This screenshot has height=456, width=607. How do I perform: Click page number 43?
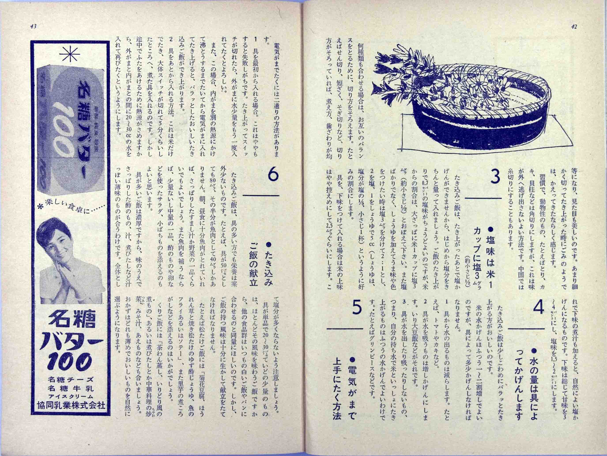point(34,27)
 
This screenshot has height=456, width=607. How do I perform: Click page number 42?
point(573,27)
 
